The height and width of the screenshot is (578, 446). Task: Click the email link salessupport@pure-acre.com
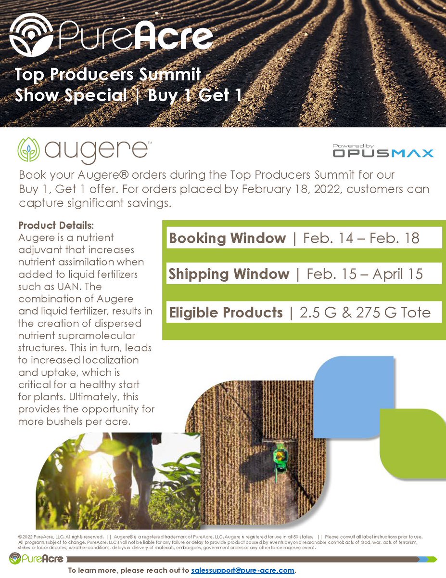[x=242, y=570]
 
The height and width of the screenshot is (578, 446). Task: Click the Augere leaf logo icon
[x=29, y=150]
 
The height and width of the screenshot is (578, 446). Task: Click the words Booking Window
[x=228, y=238]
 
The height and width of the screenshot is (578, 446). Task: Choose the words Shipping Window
[x=229, y=274]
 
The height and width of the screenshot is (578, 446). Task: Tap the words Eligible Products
[x=226, y=313]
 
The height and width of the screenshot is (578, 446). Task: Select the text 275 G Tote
[x=395, y=313]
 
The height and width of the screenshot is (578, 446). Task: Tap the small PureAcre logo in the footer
[x=36, y=559]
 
